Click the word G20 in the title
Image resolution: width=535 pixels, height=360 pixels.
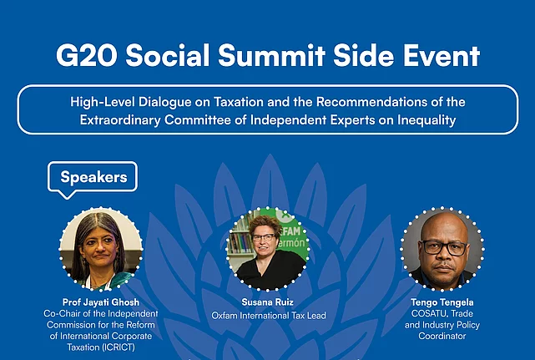[x=87, y=55]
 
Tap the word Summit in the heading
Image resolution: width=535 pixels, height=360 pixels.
[x=271, y=55]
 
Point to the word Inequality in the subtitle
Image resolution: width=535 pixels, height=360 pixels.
[x=426, y=120]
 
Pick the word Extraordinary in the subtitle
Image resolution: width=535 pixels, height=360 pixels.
[x=120, y=120]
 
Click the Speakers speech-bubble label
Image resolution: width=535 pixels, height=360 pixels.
[x=93, y=177]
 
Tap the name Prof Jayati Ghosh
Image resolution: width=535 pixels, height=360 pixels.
[x=101, y=302]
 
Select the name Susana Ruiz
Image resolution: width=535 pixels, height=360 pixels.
[x=267, y=302]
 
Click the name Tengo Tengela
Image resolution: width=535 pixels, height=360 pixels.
[x=442, y=302]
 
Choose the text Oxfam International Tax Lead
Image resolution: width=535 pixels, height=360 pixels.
[x=269, y=315]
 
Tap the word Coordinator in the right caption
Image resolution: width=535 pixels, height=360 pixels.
[x=442, y=336]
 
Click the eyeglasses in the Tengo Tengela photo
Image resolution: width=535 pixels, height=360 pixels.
[x=443, y=247]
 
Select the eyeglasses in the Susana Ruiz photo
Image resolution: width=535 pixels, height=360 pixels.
[x=263, y=238]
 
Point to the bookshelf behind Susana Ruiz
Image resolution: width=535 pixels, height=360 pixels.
[x=241, y=239]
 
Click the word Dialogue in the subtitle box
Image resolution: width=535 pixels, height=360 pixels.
[x=164, y=102]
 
